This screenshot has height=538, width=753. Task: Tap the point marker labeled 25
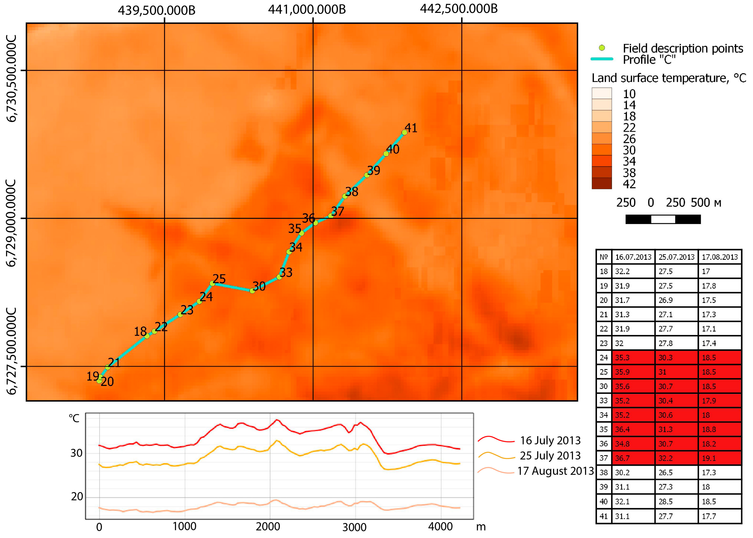[212, 283]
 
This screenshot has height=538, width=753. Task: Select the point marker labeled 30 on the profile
[252, 291]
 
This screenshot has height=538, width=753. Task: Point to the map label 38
[352, 191]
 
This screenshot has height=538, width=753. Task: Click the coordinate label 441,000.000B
[307, 9]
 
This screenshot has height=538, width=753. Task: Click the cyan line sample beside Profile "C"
[602, 59]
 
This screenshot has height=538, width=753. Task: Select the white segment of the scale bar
[663, 219]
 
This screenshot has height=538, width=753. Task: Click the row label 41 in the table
[604, 516]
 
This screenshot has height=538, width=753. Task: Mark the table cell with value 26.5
[666, 472]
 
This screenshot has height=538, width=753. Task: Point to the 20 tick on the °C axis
[77, 497]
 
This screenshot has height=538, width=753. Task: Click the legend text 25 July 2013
[550, 455]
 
